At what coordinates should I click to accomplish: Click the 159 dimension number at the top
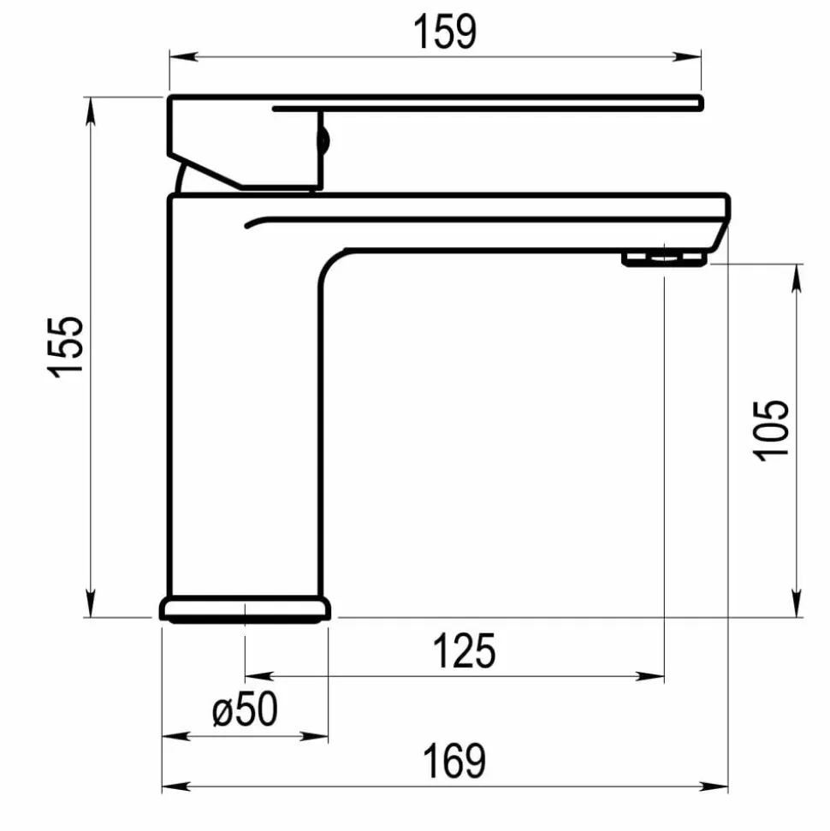445,32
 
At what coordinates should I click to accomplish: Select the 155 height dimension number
66,347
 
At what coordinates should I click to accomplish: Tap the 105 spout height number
771,430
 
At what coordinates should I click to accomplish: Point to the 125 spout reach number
465,651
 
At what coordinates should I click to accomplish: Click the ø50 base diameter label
245,709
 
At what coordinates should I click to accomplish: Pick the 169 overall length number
454,761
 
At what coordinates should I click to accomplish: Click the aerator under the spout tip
664,259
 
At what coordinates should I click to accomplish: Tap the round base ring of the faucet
245,609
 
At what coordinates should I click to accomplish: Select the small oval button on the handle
323,141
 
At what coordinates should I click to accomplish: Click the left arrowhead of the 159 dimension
183,56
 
